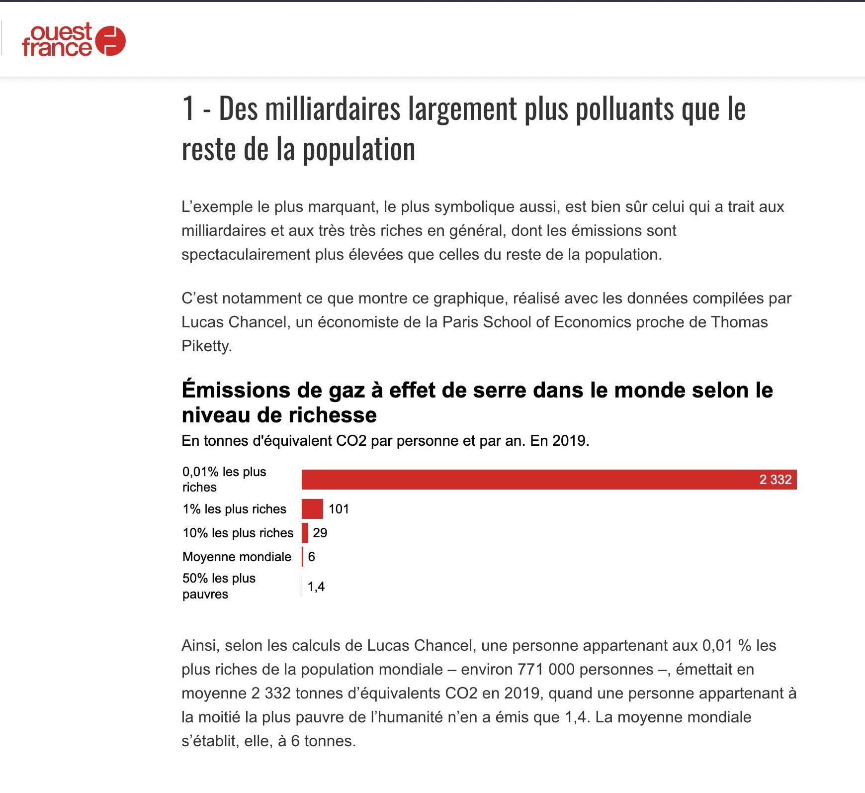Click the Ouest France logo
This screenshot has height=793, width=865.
[x=74, y=40]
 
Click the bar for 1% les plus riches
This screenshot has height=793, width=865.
[x=312, y=509]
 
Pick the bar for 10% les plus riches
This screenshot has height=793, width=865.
[x=305, y=533]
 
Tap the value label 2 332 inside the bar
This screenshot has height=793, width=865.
[x=775, y=480]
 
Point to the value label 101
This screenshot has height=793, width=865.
[x=339, y=509]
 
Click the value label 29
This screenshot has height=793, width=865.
[x=320, y=533]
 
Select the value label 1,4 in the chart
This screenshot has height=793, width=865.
[x=316, y=587]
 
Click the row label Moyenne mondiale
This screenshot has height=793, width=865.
[x=237, y=557]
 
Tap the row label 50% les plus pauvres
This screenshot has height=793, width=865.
[x=219, y=586]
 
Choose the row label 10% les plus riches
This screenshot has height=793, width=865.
[x=238, y=533]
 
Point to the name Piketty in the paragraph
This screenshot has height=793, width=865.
[x=206, y=346]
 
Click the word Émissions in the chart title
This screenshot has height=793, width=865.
[x=235, y=390]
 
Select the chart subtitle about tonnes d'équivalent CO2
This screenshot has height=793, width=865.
[x=385, y=441]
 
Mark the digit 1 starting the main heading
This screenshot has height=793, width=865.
[x=187, y=108]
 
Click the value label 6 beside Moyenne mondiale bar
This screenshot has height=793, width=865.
[x=311, y=557]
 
